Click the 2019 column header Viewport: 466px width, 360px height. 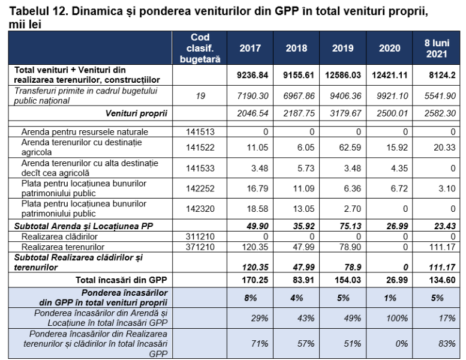pos(342,48)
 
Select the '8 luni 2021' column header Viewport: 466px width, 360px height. pos(437,48)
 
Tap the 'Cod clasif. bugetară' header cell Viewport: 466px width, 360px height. pos(200,48)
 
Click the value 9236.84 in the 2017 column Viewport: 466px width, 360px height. pos(252,75)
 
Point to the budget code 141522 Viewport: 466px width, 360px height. pos(200,148)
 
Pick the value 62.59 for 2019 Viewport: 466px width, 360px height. pos(350,148)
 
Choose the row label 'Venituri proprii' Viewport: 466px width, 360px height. pos(136,113)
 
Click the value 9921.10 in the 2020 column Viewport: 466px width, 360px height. pos(392,96)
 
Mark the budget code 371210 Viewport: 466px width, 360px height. pos(200,247)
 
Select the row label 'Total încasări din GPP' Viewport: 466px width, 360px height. pos(121,280)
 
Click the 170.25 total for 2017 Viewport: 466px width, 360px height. pos(255,280)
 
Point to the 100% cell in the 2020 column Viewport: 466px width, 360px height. pos(397,319)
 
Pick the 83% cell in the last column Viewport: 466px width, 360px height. pos(447,344)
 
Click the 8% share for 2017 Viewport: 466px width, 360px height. pos(251,298)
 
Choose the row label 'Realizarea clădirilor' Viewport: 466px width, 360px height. pos(59,236)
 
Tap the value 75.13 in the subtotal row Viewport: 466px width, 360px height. pos(350,226)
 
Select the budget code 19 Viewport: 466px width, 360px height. pos(200,96)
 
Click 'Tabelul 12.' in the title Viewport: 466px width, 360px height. pos(38,11)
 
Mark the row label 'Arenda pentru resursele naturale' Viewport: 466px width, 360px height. pos(85,131)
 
